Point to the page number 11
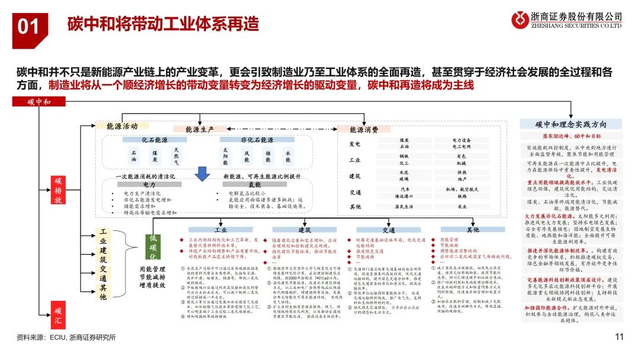tap(619, 337)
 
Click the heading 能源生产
tap(201, 129)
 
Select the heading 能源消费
tap(365, 130)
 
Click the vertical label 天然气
tap(176, 156)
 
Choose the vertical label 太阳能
tap(225, 156)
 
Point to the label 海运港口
tap(404, 195)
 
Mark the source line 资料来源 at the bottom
tap(66, 337)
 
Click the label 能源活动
tap(122, 126)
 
